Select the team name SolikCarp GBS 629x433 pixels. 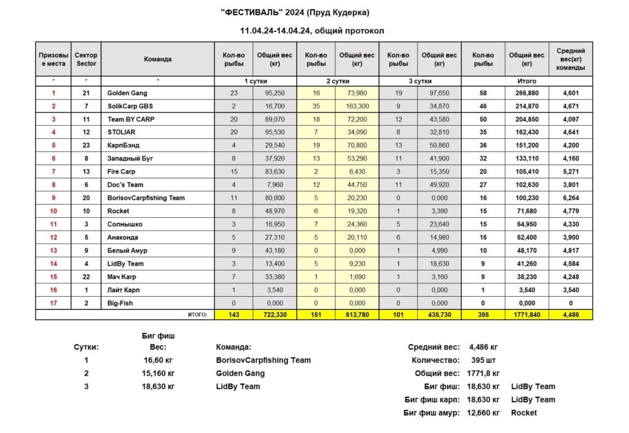pyautogui.click(x=130, y=107)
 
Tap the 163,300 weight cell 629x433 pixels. pyautogui.click(x=357, y=107)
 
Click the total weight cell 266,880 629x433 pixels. pyautogui.click(x=526, y=93)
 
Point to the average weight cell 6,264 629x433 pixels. pyautogui.click(x=571, y=198)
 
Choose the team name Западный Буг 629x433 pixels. pyautogui.click(x=130, y=159)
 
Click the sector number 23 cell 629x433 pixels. pyautogui.click(x=86, y=146)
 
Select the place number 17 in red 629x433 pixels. pyautogui.click(x=53, y=303)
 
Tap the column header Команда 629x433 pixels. pyautogui.click(x=158, y=59)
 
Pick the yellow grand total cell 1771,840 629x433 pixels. pyautogui.click(x=526, y=315)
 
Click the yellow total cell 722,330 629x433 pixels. pyautogui.click(x=275, y=315)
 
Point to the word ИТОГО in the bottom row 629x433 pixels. pyautogui.click(x=197, y=315)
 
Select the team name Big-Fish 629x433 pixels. pyautogui.click(x=120, y=303)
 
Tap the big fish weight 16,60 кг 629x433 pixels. pyautogui.click(x=155, y=360)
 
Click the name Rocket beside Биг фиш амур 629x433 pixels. pyautogui.click(x=524, y=413)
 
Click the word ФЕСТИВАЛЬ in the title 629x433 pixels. pyautogui.click(x=252, y=12)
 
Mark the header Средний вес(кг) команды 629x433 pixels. pyautogui.click(x=571, y=59)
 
